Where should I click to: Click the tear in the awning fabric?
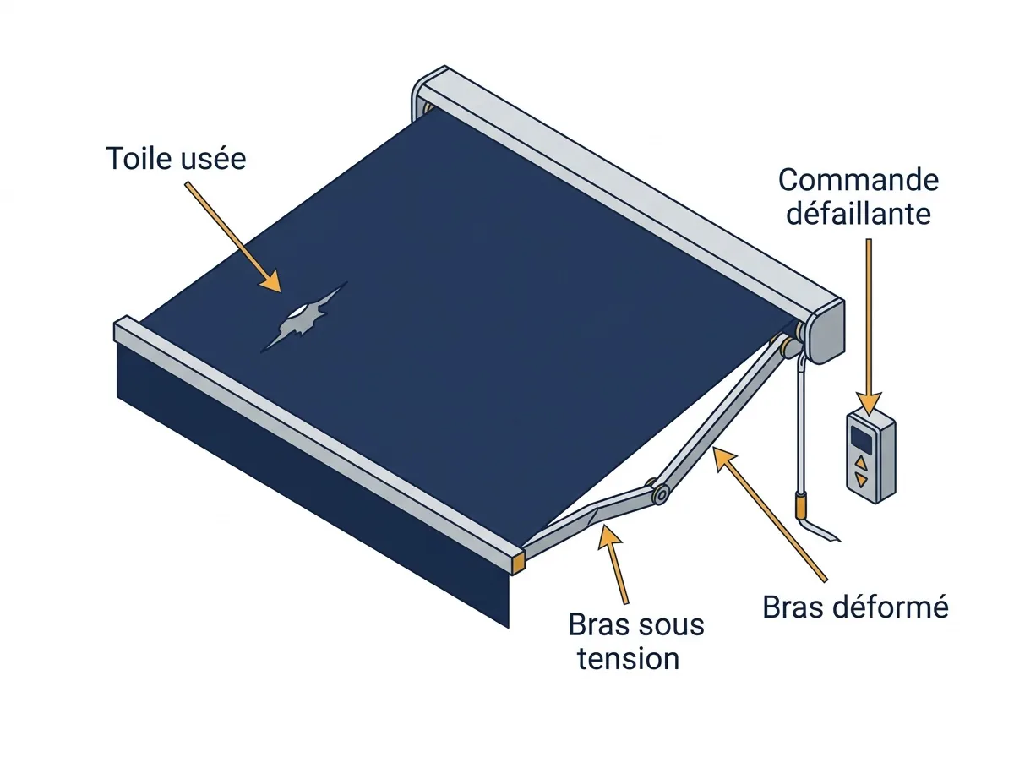click(303, 318)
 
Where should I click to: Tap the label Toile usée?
click(176, 159)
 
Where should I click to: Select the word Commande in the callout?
click(859, 180)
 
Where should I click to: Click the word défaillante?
click(859, 214)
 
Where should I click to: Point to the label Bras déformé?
click(855, 607)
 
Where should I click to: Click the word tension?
click(629, 659)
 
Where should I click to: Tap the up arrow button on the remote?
click(860, 461)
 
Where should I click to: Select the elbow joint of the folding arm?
click(661, 494)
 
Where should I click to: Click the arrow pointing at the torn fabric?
click(232, 237)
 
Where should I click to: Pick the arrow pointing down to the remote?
click(869, 326)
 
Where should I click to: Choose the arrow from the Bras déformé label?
click(770, 514)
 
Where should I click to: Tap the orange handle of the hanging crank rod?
click(800, 505)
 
